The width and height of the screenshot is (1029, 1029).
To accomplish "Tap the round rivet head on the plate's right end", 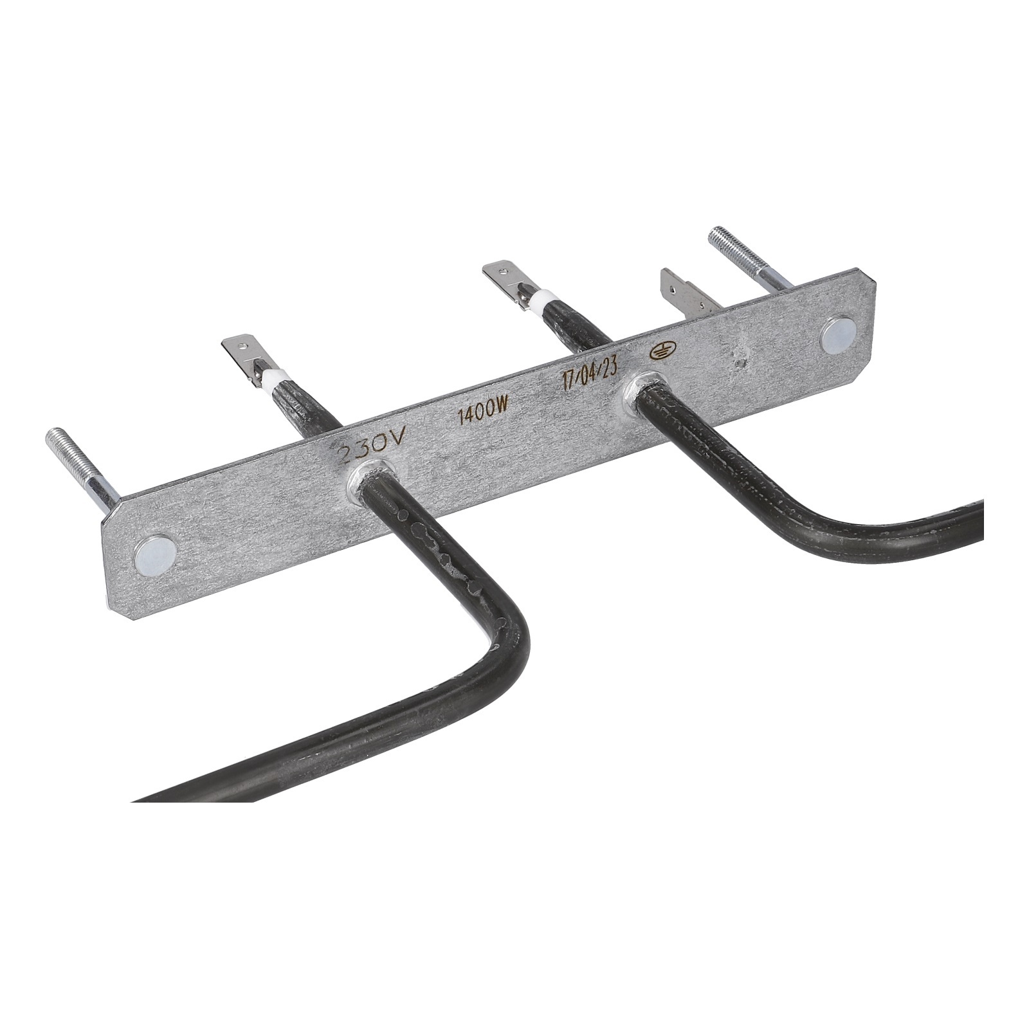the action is (x=840, y=332).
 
